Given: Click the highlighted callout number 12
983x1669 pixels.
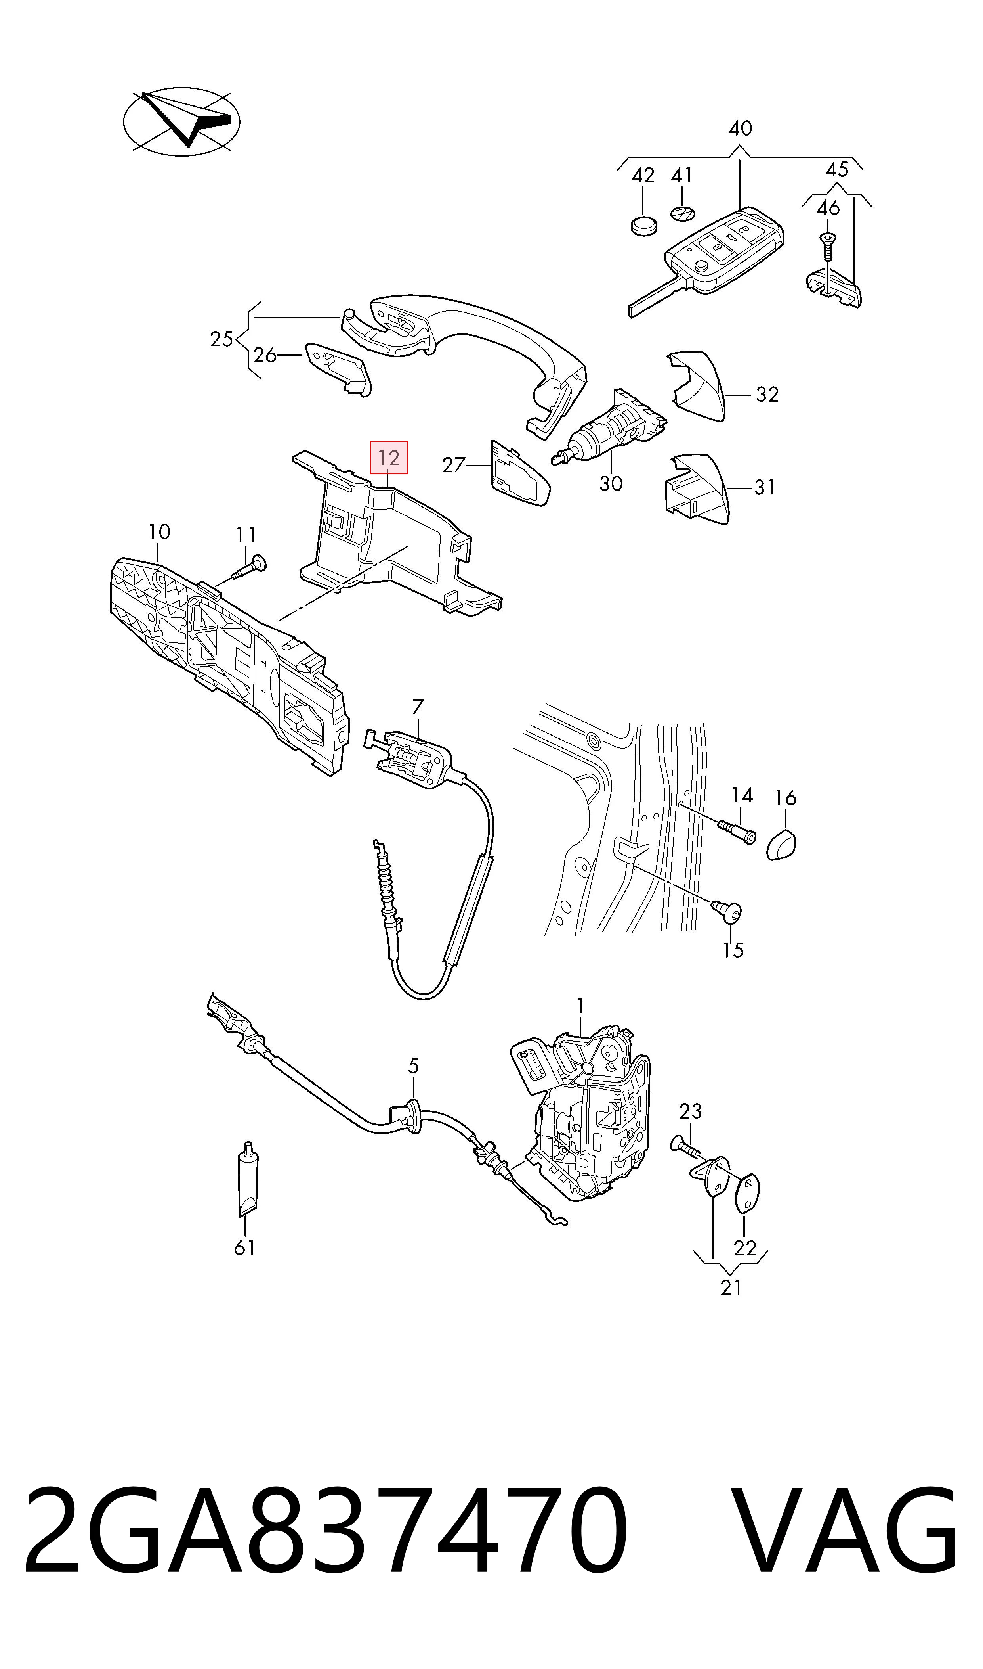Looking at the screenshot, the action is (x=389, y=457).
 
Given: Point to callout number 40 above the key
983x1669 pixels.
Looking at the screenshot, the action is (x=740, y=128).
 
